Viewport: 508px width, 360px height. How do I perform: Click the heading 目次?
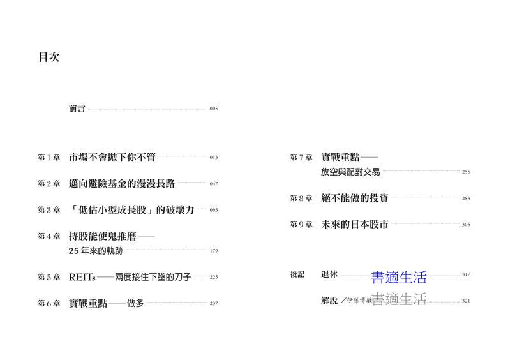pos(49,57)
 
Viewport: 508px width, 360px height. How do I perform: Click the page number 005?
pos(214,109)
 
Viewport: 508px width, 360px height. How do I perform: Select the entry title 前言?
pos(77,109)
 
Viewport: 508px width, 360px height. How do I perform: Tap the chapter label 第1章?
pos(49,158)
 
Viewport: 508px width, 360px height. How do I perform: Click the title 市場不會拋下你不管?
pos(112,157)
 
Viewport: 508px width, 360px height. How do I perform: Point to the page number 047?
pos(214,184)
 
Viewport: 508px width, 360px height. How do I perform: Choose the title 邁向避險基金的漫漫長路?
pos(122,183)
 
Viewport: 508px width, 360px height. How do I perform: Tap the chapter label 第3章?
pos(49,210)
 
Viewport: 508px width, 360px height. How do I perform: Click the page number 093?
pos(214,210)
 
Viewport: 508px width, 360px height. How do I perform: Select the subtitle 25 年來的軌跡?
pos(96,251)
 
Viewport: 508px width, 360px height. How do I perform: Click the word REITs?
pos(82,278)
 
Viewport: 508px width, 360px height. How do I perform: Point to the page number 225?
pos(214,277)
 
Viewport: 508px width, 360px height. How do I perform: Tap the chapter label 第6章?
pos(49,303)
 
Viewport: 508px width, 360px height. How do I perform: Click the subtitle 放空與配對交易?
pos(350,172)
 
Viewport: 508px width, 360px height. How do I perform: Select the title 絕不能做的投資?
pos(355,198)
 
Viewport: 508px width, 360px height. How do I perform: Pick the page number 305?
pos(466,225)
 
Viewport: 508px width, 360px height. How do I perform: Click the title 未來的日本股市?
pos(355,224)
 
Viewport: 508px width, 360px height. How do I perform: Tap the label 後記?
pos(297,274)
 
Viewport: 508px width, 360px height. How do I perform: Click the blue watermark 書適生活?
pos(399,278)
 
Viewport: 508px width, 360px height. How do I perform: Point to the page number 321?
pos(466,301)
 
